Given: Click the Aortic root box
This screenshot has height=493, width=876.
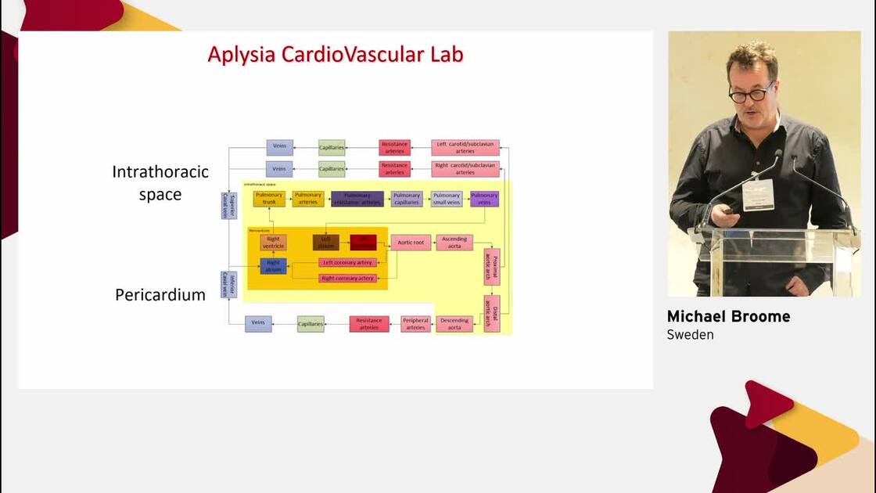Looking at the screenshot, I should coord(411,243).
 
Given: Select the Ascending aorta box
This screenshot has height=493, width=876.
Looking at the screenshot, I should coord(454,243).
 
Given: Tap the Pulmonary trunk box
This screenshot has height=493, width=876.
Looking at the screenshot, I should coord(269,199).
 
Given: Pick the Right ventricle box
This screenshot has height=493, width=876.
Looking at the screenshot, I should coord(274,243).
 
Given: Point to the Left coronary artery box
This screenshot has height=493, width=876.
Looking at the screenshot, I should coord(347,262).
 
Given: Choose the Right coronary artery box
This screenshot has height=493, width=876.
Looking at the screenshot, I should coord(347,278).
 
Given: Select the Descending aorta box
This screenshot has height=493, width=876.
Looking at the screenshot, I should coord(454,324).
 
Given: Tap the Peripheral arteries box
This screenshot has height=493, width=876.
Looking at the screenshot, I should coord(415,324).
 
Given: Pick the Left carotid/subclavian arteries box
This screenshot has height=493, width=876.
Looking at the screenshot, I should coord(465,147).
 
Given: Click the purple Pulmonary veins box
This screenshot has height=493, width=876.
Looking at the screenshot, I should coord(484,199).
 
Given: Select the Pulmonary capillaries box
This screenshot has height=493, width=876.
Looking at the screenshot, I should coord(407,199).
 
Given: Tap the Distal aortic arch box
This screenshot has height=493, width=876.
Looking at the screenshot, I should coord(492,314).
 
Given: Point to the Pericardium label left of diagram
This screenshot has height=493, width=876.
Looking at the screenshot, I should coord(160,295).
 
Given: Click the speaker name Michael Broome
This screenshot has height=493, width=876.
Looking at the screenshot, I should coord(728,317).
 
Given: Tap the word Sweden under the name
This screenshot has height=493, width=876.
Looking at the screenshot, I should coord(690,335).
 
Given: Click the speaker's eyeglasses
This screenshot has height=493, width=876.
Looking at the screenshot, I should coord(752,94).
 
